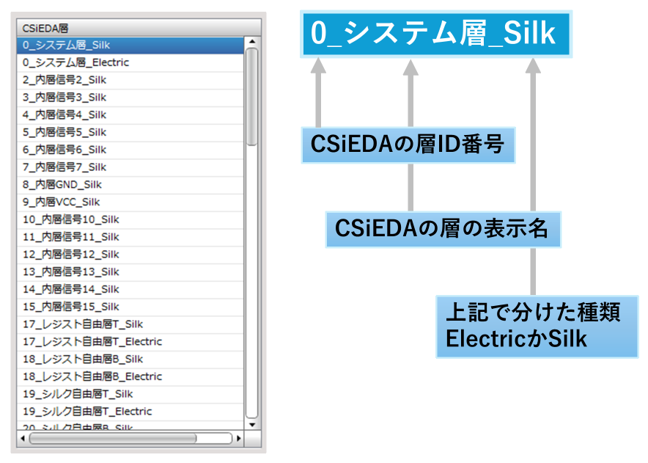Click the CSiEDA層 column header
click(139, 28)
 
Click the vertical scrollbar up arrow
click(252, 42)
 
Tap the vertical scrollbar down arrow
click(252, 425)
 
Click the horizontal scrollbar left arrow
click(22, 438)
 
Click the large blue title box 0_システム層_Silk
click(436, 34)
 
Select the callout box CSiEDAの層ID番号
click(408, 145)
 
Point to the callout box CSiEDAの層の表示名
click(443, 229)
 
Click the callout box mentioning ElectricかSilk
click(537, 327)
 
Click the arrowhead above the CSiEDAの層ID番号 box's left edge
click(318, 66)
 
